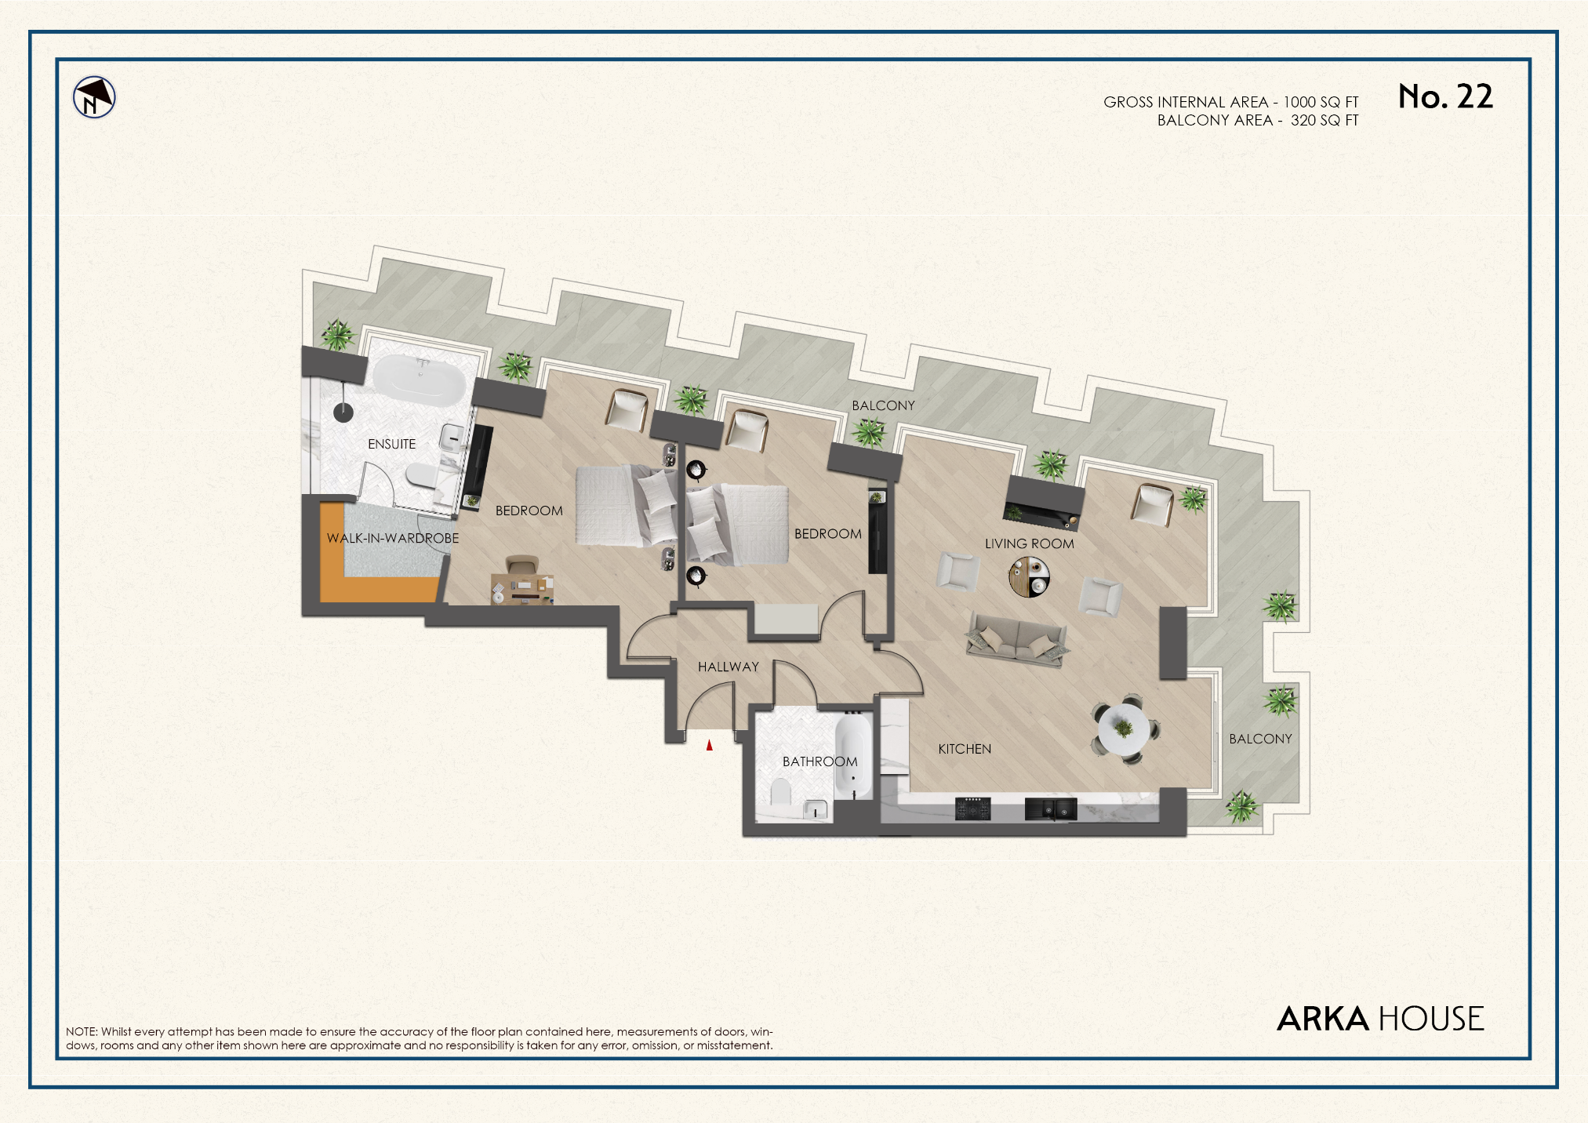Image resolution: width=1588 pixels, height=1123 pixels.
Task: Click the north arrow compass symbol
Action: tap(94, 98)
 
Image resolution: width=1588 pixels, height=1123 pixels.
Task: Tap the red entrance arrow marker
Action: tap(709, 745)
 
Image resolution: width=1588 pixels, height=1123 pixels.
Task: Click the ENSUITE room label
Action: tap(391, 444)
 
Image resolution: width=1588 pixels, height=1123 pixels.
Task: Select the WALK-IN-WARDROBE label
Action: tap(392, 538)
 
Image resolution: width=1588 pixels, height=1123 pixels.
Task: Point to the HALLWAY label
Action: tap(728, 667)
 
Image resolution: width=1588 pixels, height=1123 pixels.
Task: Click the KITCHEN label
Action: tap(964, 749)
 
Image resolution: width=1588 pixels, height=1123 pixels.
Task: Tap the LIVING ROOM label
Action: tap(1029, 543)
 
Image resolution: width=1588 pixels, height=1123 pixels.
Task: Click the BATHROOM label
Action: tap(819, 761)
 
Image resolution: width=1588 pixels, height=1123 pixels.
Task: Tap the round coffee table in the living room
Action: tap(1029, 576)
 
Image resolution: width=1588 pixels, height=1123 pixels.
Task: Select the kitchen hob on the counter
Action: tap(972, 808)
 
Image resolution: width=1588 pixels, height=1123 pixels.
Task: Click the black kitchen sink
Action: tap(1050, 809)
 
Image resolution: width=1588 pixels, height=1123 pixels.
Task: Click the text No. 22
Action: tap(1445, 96)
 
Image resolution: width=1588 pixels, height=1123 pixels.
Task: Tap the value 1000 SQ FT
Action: tap(1321, 102)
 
